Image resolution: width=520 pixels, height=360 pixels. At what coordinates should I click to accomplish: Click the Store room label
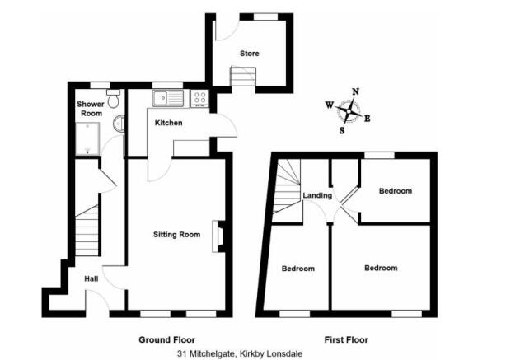(x=249, y=54)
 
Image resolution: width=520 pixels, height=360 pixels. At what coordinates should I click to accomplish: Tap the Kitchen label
(x=169, y=124)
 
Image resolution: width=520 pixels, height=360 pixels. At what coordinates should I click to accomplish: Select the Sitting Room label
(x=177, y=235)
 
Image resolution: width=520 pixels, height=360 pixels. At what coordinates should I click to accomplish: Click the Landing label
(x=317, y=196)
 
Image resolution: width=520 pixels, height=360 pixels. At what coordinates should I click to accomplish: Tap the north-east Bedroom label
(x=395, y=191)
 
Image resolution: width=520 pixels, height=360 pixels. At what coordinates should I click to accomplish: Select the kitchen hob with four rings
(x=199, y=99)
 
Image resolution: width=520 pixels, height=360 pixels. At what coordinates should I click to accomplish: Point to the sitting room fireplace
(x=218, y=236)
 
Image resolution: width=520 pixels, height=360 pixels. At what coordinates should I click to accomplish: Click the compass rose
(x=351, y=110)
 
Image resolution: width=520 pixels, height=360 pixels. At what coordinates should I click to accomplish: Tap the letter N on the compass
(x=355, y=91)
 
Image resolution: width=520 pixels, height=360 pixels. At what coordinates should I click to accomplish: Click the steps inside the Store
(x=242, y=77)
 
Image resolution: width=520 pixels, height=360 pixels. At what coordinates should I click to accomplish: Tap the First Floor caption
(x=346, y=339)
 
